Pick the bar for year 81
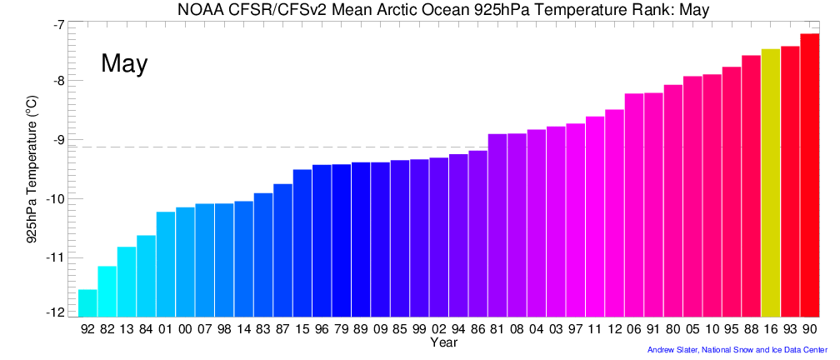(x=497, y=225)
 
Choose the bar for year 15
(x=302, y=242)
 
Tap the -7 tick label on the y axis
(x=57, y=25)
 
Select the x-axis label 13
(x=127, y=329)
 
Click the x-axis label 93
(x=790, y=329)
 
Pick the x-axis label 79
(x=341, y=329)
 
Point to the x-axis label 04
(x=537, y=329)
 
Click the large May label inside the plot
(x=124, y=64)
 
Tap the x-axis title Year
(x=443, y=342)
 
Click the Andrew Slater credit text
(x=737, y=350)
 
